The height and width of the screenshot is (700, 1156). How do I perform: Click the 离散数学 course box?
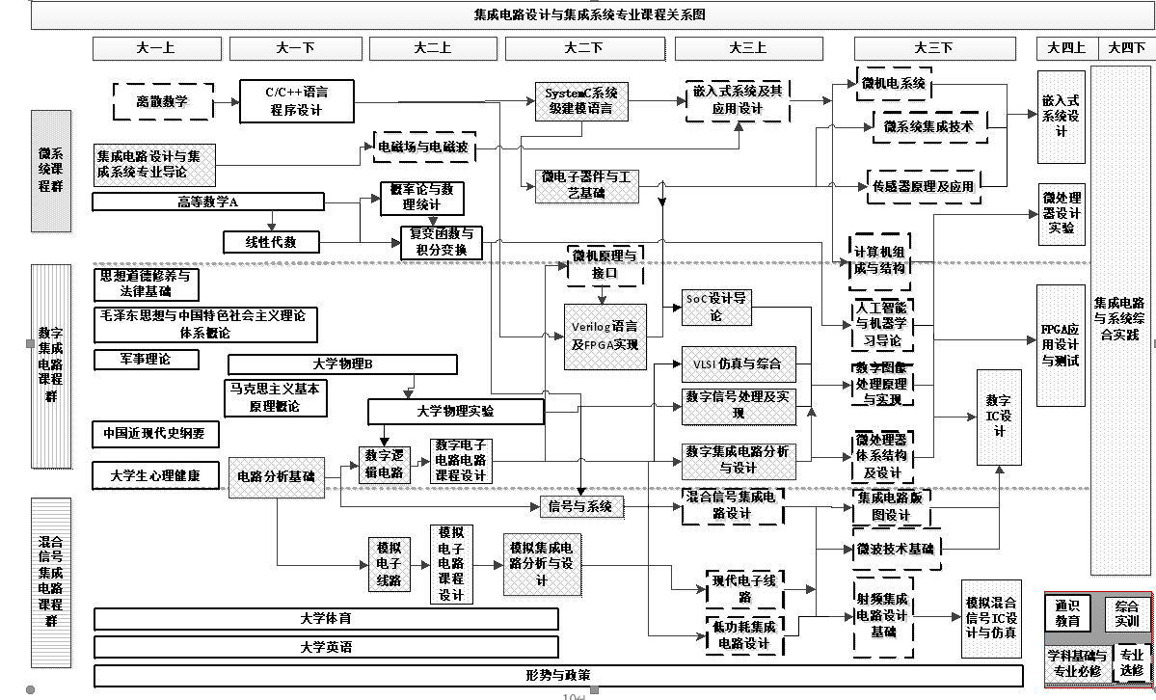163,101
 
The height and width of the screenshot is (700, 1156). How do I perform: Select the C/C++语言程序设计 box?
297,101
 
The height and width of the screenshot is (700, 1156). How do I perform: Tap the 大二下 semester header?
583,47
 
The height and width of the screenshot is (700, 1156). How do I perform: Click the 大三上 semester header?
748,47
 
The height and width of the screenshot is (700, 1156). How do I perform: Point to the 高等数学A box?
208,202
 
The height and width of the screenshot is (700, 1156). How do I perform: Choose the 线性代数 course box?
272,242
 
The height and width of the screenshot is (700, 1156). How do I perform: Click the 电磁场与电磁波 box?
422,148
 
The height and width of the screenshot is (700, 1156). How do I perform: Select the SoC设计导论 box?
714,307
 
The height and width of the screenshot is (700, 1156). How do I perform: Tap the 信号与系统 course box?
579,506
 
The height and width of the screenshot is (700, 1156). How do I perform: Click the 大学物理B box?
342,364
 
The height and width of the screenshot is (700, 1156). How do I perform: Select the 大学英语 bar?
326,647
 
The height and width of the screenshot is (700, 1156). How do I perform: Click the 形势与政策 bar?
558,674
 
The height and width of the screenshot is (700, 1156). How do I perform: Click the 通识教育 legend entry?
1067,613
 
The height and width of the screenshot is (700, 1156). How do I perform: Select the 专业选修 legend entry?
1129,661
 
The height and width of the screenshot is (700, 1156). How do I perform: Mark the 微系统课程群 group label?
51,171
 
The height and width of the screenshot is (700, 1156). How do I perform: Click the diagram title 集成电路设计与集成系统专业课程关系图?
590,14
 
